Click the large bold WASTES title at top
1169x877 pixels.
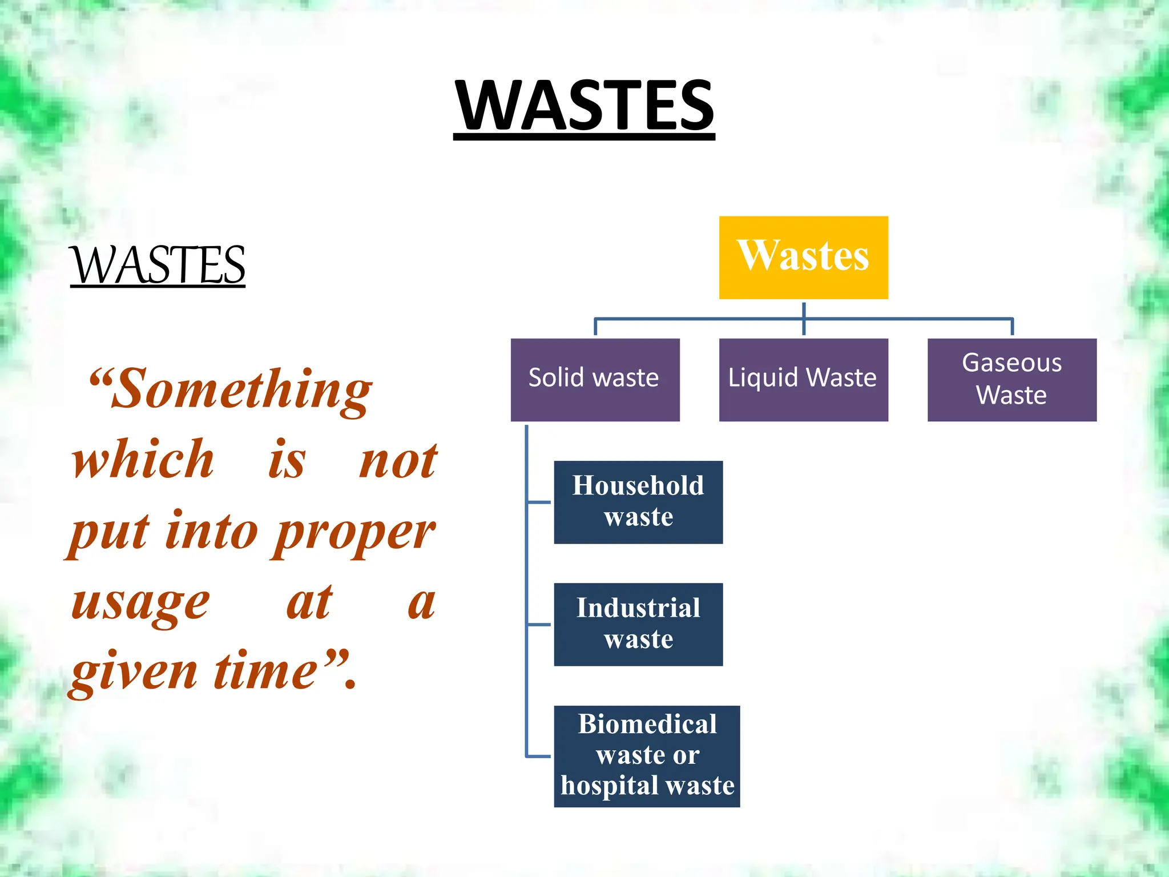tap(584, 106)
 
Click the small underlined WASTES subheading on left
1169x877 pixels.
tap(158, 265)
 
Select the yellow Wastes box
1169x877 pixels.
tap(803, 258)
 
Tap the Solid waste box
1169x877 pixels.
tap(595, 380)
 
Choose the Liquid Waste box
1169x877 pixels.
tap(803, 380)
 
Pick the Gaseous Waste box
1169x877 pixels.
tap(1011, 380)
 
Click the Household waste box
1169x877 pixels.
tap(638, 502)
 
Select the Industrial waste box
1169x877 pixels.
tap(638, 624)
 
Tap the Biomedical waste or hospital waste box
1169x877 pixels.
tap(647, 756)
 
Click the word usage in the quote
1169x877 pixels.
tap(140, 604)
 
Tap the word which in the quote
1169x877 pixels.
tap(143, 460)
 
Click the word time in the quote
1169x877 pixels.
tap(265, 671)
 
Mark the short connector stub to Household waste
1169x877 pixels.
tap(539, 502)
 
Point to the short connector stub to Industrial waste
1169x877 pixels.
tap(539, 625)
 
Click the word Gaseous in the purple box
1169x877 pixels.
tap(1011, 363)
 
